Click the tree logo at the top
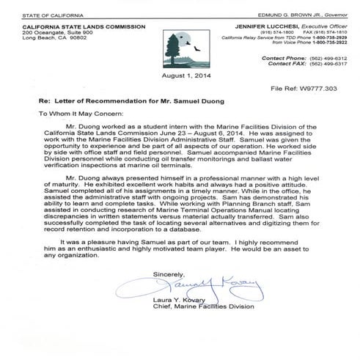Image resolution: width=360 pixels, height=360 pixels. [180, 48]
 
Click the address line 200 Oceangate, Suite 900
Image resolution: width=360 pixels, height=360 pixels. [59, 33]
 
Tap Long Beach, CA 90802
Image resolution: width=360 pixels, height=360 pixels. [54, 40]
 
